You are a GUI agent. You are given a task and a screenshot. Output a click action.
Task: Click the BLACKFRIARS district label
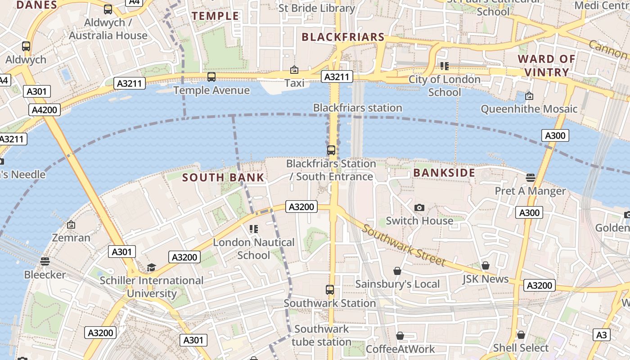pyautogui.click(x=343, y=37)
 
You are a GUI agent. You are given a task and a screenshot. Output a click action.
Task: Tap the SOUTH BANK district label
pyautogui.click(x=223, y=177)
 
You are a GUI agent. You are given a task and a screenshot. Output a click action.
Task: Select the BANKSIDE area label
pyautogui.click(x=444, y=173)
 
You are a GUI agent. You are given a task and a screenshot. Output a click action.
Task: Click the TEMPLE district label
pyautogui.click(x=216, y=16)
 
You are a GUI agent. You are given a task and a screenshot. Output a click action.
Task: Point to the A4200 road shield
pyautogui.click(x=45, y=110)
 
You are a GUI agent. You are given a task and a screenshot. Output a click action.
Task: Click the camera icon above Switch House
pyautogui.click(x=419, y=207)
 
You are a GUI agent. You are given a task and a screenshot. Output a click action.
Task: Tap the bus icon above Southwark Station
pyautogui.click(x=330, y=290)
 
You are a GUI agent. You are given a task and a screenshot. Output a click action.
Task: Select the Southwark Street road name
pyautogui.click(x=404, y=245)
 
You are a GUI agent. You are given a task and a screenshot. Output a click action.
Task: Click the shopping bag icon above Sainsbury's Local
pyautogui.click(x=397, y=271)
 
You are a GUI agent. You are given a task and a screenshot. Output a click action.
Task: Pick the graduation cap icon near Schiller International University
pyautogui.click(x=151, y=268)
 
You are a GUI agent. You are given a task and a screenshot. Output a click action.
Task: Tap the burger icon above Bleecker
pyautogui.click(x=45, y=261)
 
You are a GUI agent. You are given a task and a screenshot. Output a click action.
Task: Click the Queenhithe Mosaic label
pyautogui.click(x=529, y=109)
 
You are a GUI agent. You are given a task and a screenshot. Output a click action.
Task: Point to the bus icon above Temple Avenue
pyautogui.click(x=211, y=77)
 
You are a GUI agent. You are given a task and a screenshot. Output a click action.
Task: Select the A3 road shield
pyautogui.click(x=602, y=335)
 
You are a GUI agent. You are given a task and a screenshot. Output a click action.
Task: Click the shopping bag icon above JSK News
pyautogui.click(x=485, y=265)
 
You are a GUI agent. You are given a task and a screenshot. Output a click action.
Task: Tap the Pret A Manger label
pyautogui.click(x=530, y=191)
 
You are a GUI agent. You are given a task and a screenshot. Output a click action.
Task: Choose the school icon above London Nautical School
pyautogui.click(x=253, y=229)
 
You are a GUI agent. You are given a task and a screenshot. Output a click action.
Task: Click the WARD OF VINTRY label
pyautogui.click(x=546, y=66)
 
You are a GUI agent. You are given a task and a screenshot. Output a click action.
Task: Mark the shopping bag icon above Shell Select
pyautogui.click(x=521, y=335)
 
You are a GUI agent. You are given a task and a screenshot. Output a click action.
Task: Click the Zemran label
pyautogui.click(x=71, y=238)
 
